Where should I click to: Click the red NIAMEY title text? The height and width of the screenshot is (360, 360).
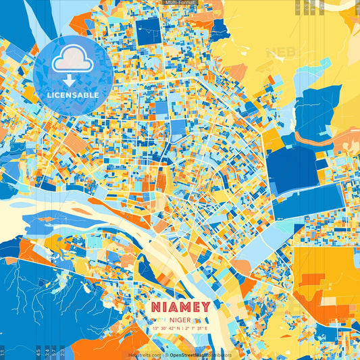180,307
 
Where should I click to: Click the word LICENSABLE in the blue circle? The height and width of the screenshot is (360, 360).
73,95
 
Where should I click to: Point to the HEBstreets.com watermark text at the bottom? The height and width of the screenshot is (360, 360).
144,355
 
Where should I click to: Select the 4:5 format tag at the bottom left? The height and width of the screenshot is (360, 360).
38,352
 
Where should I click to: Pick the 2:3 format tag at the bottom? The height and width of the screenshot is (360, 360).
63,352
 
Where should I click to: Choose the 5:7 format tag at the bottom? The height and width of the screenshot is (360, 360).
55,352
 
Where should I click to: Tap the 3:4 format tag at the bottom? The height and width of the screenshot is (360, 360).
47,352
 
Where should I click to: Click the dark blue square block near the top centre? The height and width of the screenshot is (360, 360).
149,31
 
